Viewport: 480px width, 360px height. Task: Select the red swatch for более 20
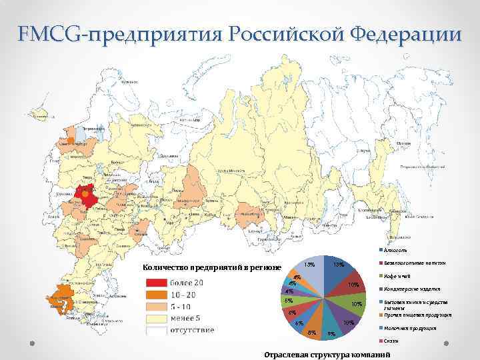point(161,283)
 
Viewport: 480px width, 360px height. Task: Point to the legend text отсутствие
point(193,329)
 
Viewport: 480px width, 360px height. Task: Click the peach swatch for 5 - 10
point(161,306)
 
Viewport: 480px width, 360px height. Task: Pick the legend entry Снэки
point(390,341)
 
